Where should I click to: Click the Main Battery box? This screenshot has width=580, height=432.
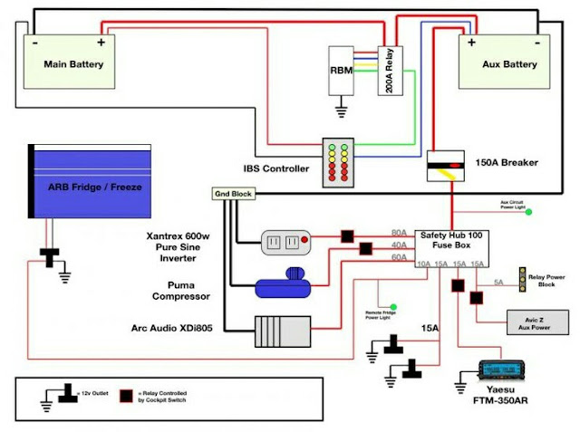pyautogui.click(x=73, y=62)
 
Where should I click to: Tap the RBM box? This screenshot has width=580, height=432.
pyautogui.click(x=342, y=71)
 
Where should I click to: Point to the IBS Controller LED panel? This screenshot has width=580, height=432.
pyautogui.click(x=341, y=163)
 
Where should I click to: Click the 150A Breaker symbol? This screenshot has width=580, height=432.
pyautogui.click(x=446, y=164)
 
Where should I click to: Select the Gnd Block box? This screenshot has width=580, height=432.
pyautogui.click(x=233, y=194)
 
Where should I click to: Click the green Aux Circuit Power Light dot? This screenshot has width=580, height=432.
pyautogui.click(x=528, y=213)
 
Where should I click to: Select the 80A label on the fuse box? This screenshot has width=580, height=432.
pyautogui.click(x=398, y=233)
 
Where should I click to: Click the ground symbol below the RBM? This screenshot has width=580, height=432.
pyautogui.click(x=342, y=111)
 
